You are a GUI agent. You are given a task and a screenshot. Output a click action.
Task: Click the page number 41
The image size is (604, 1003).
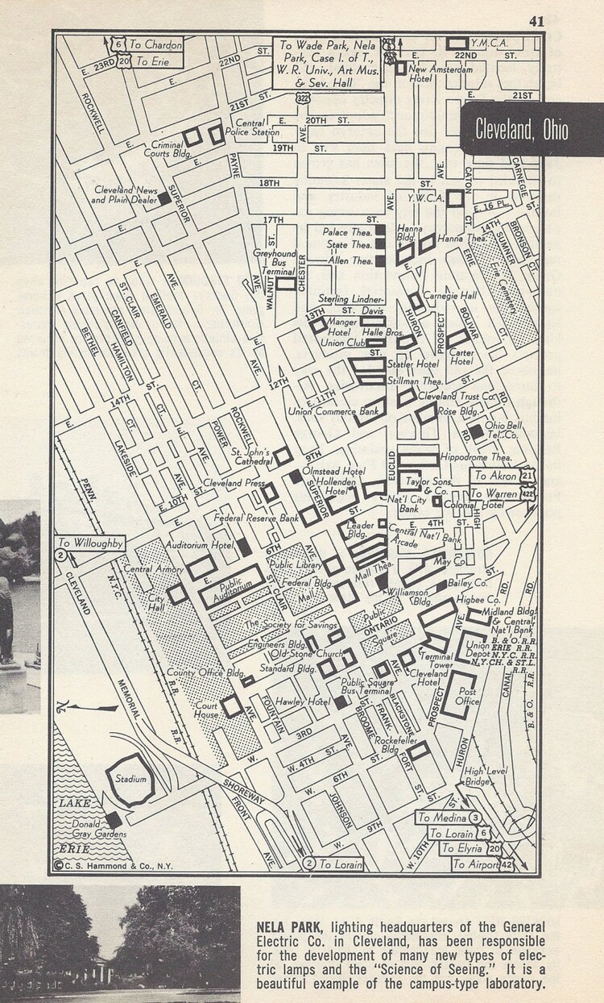[536, 21]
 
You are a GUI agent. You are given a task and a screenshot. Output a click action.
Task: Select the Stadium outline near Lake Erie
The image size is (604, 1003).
[130, 780]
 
